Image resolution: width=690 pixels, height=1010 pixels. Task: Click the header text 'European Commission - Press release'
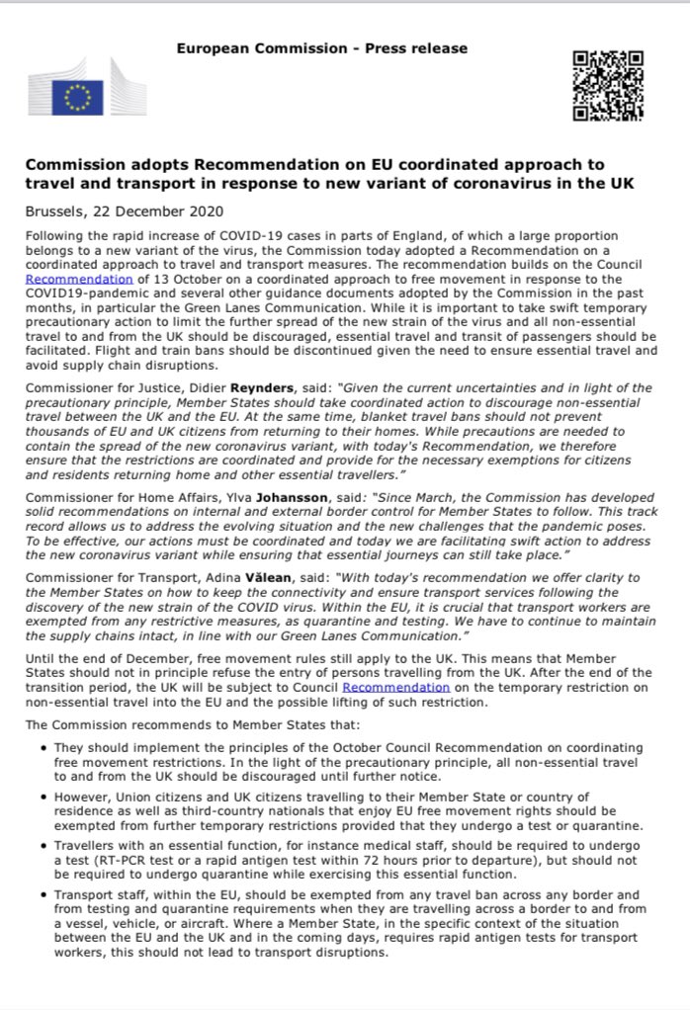coord(321,48)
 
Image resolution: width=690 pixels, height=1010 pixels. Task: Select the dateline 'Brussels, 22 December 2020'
coord(124,211)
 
